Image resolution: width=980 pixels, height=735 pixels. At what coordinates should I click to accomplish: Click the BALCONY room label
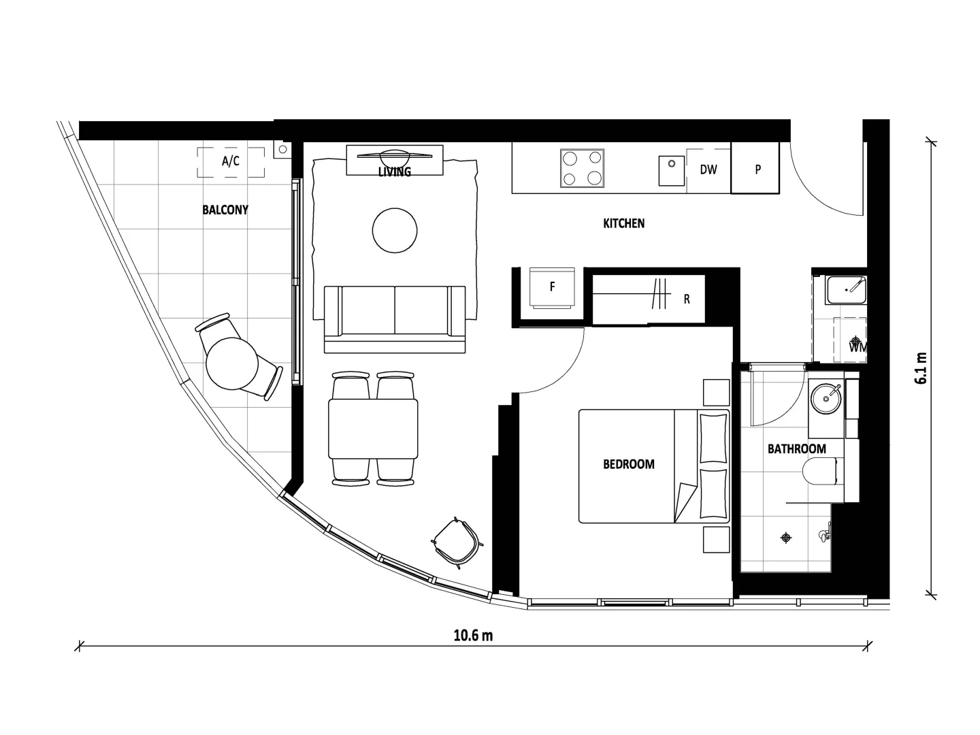[225, 210]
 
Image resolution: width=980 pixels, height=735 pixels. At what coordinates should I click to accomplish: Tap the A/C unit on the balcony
[231, 162]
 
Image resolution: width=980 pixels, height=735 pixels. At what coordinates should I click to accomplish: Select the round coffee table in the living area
[395, 231]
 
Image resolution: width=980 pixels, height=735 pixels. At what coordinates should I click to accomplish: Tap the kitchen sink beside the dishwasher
[671, 170]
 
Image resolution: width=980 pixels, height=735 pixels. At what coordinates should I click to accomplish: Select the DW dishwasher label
[708, 169]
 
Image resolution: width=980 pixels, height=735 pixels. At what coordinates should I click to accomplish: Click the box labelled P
[757, 169]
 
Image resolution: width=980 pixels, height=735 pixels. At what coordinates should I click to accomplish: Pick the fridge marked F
[552, 287]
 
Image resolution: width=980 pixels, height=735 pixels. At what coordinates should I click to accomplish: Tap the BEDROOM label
[629, 464]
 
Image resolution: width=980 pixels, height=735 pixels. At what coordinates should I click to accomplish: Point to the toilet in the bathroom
[821, 472]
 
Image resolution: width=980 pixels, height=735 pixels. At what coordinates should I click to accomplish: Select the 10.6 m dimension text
[473, 636]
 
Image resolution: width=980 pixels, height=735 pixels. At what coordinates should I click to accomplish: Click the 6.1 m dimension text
[921, 368]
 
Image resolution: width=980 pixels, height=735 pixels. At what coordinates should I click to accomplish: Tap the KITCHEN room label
[623, 223]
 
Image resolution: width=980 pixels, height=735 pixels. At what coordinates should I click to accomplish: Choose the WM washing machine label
[857, 347]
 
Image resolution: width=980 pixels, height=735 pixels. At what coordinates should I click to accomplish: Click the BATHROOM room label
[796, 448]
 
